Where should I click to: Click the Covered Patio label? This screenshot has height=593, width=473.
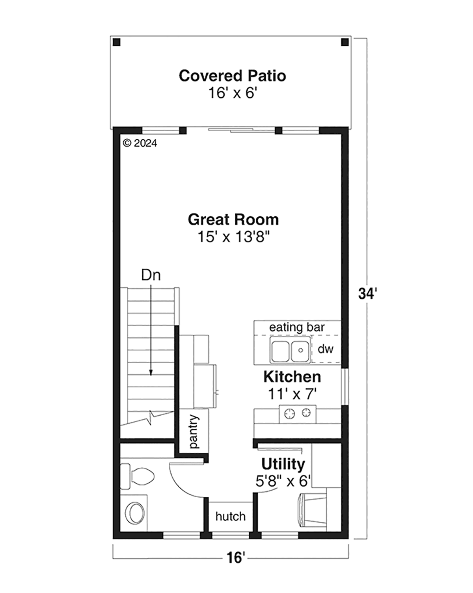(233, 76)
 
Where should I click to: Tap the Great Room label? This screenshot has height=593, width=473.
(233, 219)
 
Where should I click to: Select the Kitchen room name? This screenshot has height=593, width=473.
(292, 377)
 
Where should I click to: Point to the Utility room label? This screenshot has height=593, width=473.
(283, 464)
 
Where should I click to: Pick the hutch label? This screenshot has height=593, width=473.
(231, 516)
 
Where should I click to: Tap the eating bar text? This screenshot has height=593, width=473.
(297, 327)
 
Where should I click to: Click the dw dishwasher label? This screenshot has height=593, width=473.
(326, 349)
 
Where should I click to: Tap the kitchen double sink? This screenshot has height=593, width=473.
(290, 350)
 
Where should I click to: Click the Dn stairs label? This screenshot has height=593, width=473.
(151, 275)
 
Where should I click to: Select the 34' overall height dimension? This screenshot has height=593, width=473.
(367, 294)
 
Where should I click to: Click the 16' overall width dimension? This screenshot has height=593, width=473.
(235, 558)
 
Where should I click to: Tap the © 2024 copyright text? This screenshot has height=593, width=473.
(140, 143)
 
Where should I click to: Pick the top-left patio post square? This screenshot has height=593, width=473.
(117, 42)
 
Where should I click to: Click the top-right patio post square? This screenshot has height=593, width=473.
(345, 42)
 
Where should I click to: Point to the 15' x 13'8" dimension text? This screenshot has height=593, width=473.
(233, 237)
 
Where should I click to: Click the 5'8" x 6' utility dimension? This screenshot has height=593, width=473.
(283, 481)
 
